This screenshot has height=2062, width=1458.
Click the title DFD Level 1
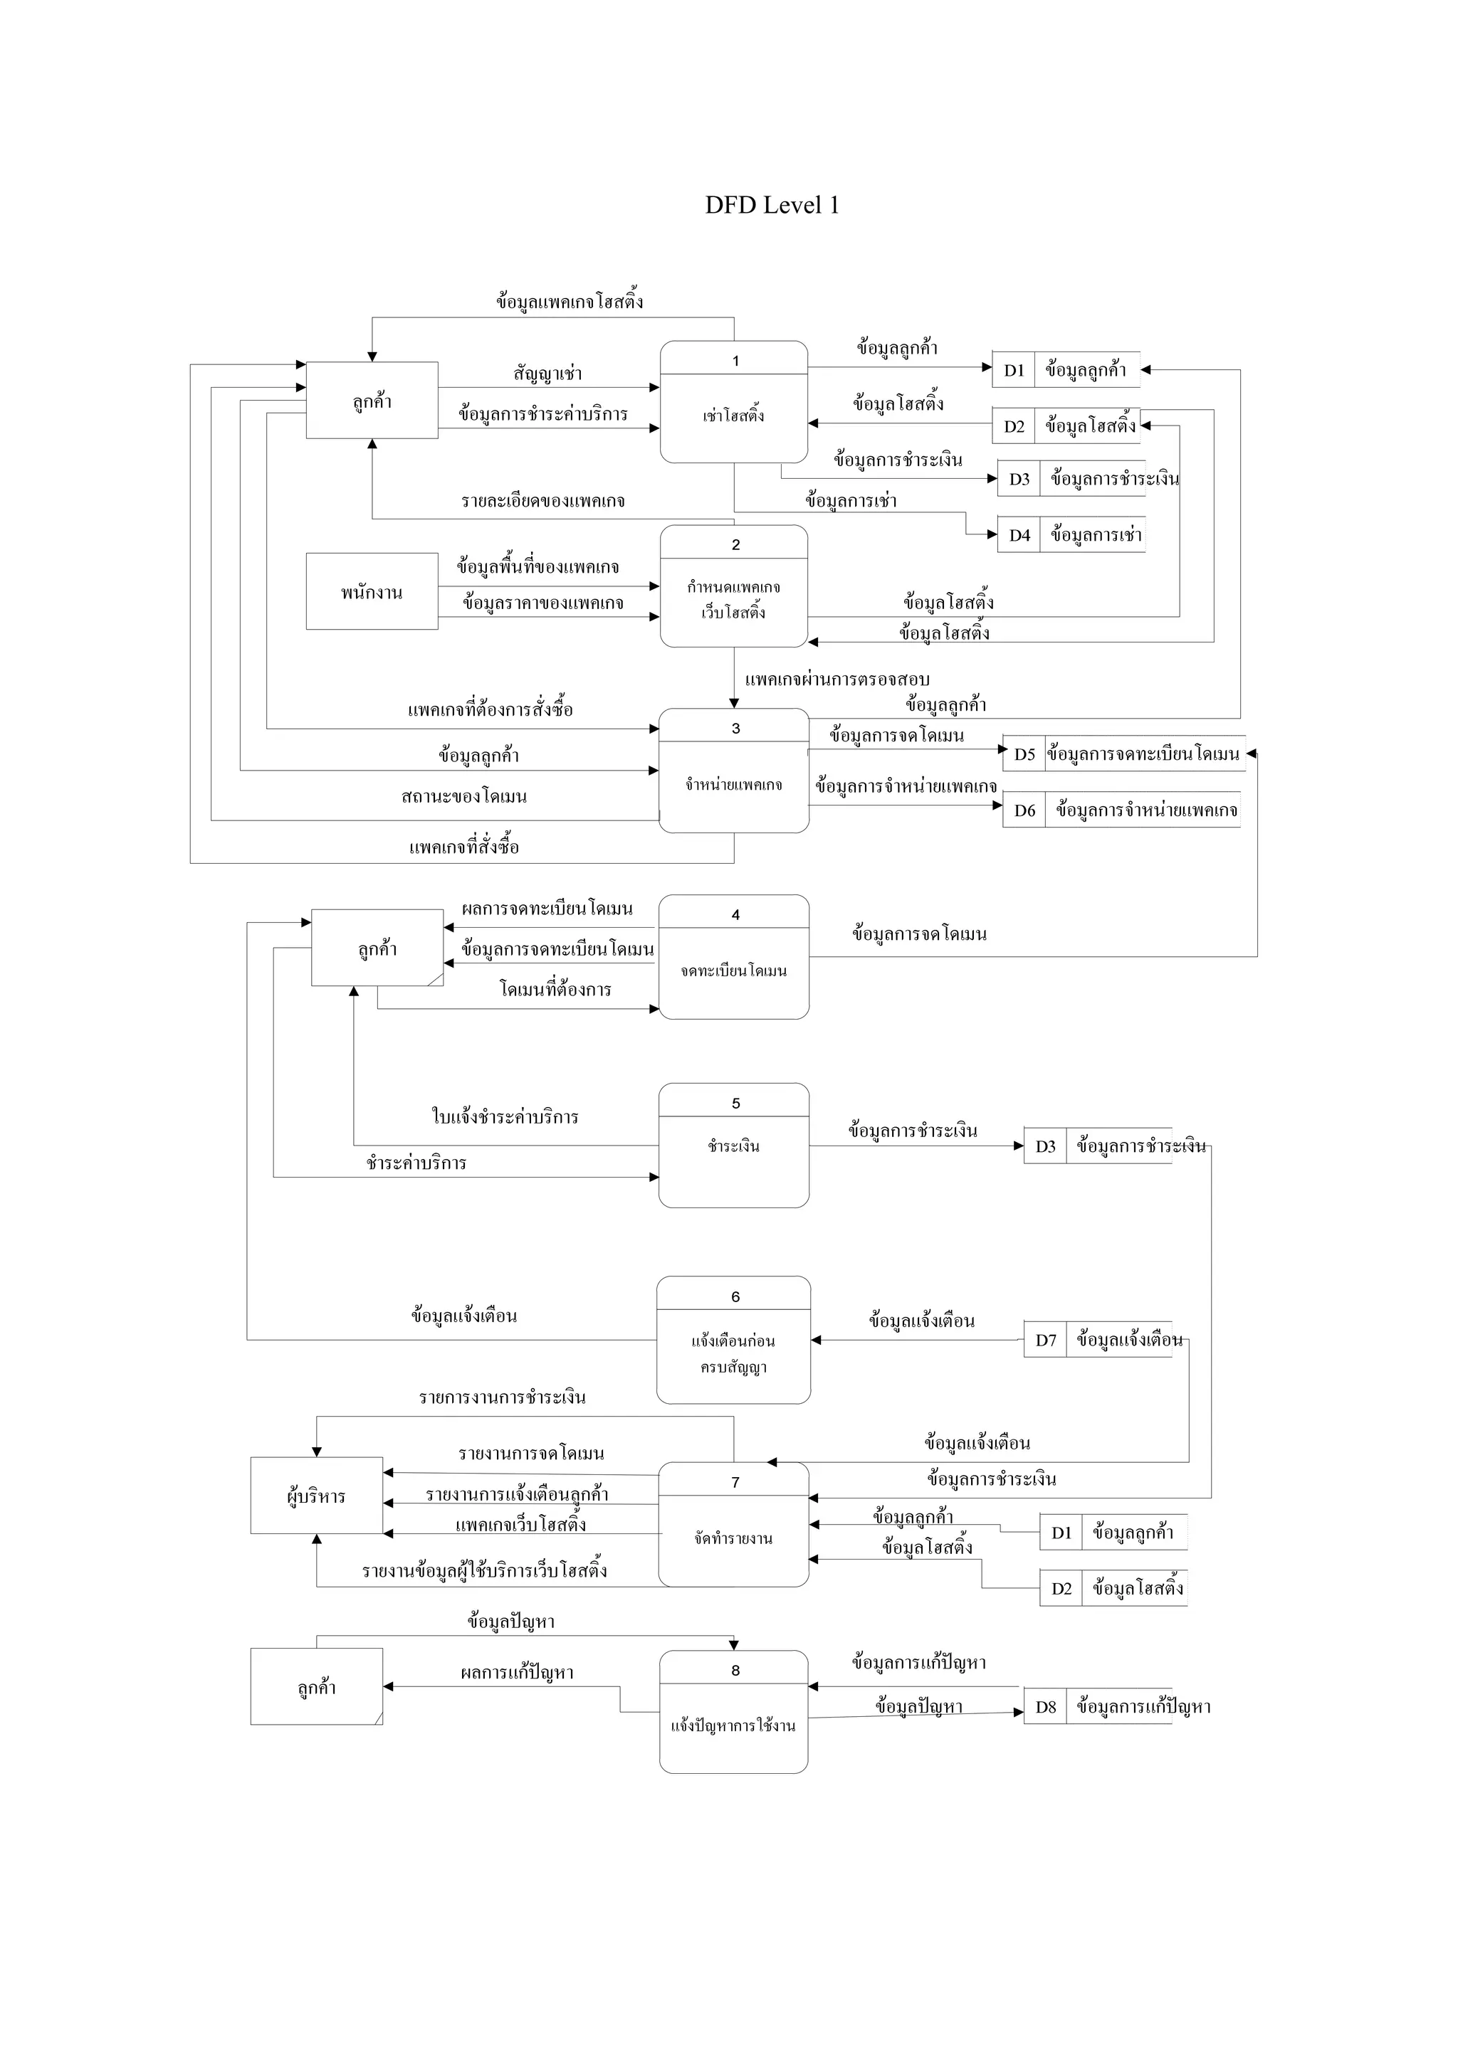pos(772,206)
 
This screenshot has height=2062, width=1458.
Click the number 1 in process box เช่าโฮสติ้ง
pos(735,361)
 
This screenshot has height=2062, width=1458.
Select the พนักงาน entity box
pos(372,592)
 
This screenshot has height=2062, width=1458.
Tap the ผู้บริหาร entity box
pos(316,1497)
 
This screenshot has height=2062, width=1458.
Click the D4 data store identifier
pos(1019,535)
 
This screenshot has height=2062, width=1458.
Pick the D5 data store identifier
pos(1024,754)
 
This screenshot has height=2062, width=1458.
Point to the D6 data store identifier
pos(1024,810)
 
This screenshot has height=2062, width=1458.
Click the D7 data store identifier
pos(1046,1340)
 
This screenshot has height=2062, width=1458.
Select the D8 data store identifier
pos(1046,1706)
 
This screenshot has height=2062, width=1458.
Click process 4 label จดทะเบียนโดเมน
pos(734,971)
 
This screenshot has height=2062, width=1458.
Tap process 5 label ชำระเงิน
pos(734,1146)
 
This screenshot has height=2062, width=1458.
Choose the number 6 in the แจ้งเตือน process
pos(735,1297)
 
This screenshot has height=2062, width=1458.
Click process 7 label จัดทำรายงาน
pos(734,1538)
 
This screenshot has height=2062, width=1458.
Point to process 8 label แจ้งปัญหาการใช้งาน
pos(734,1725)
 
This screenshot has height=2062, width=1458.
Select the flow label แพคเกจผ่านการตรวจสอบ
pos(836,680)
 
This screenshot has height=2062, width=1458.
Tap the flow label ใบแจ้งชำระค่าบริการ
pos(505,1117)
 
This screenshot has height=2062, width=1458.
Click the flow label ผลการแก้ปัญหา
pos(517,1673)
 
